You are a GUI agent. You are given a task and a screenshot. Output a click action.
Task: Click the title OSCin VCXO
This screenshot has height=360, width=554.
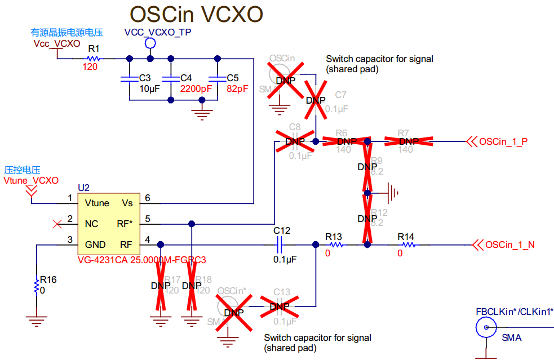tap(197, 15)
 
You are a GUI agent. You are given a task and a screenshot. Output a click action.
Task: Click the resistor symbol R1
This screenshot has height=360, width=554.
tap(94, 57)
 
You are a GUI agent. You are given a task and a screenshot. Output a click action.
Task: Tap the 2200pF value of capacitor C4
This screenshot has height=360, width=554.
tap(196, 88)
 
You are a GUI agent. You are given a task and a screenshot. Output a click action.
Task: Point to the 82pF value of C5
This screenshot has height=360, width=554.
tap(237, 88)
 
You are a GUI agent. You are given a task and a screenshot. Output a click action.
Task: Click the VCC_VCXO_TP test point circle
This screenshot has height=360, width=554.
tap(150, 43)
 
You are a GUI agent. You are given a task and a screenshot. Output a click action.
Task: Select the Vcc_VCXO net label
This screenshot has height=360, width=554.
tap(56, 43)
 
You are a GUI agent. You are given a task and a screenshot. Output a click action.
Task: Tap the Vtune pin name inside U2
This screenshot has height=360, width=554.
tap(97, 203)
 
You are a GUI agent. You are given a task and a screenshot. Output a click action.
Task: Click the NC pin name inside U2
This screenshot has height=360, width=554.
tap(91, 224)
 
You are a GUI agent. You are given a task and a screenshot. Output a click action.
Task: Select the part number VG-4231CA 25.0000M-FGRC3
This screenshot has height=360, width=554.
tap(142, 260)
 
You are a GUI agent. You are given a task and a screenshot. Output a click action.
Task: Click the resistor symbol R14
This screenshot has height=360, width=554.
tap(407, 245)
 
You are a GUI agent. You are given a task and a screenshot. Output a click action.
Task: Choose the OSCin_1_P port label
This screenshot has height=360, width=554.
tap(503, 141)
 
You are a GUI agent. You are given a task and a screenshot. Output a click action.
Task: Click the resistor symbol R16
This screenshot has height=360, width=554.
tap(36, 287)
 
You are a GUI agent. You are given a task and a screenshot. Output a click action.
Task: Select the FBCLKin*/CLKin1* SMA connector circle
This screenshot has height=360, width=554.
tap(485, 327)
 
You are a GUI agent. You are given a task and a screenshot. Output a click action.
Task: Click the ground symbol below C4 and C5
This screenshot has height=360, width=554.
tap(201, 113)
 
